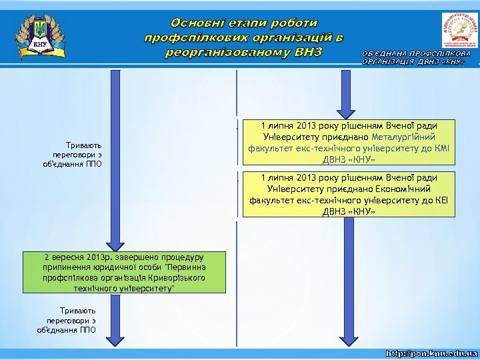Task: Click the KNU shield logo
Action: click(41, 36)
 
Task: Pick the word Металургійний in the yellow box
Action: click(405, 137)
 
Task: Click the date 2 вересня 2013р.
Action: click(78, 257)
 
